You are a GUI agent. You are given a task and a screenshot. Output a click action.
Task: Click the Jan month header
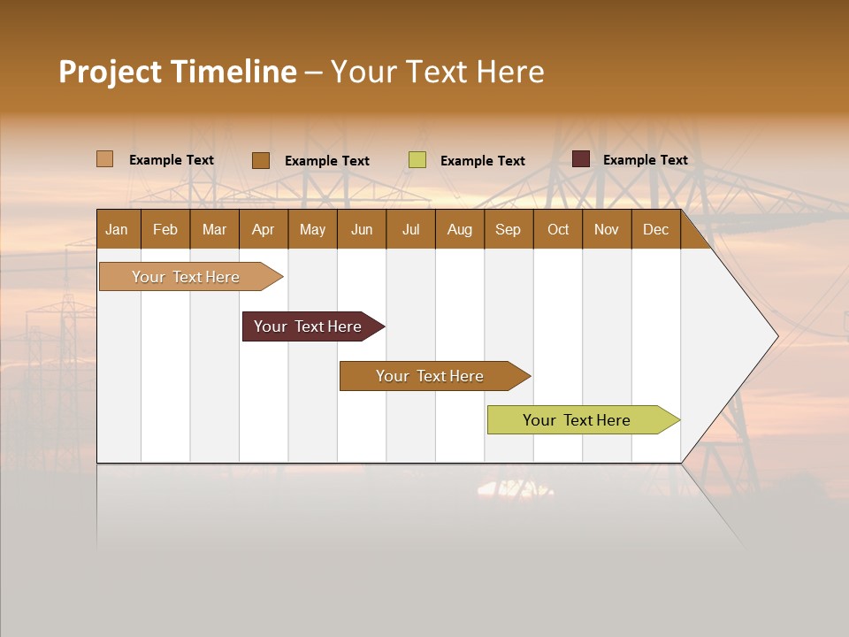click(x=117, y=229)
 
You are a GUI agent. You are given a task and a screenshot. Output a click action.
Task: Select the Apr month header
click(x=263, y=229)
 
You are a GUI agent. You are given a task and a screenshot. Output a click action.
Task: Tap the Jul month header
click(x=410, y=229)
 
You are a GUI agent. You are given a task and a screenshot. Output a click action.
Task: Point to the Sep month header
click(x=508, y=229)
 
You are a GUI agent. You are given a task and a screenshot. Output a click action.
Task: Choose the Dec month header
click(x=655, y=229)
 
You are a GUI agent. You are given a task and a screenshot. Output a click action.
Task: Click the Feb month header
click(x=165, y=229)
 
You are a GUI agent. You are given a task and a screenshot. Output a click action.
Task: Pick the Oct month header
click(x=558, y=229)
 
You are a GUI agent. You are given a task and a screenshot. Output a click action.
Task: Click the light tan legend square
click(x=105, y=159)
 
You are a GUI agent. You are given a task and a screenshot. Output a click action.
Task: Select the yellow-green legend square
click(x=417, y=160)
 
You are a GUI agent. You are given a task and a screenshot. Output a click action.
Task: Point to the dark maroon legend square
click(x=581, y=159)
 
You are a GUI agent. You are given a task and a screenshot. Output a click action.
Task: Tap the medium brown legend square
click(x=261, y=160)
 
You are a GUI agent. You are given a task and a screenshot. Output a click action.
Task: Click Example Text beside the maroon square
click(x=645, y=160)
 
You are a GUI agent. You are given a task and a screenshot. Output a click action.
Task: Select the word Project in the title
click(x=111, y=72)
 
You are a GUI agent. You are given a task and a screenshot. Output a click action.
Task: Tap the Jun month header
click(x=362, y=229)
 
